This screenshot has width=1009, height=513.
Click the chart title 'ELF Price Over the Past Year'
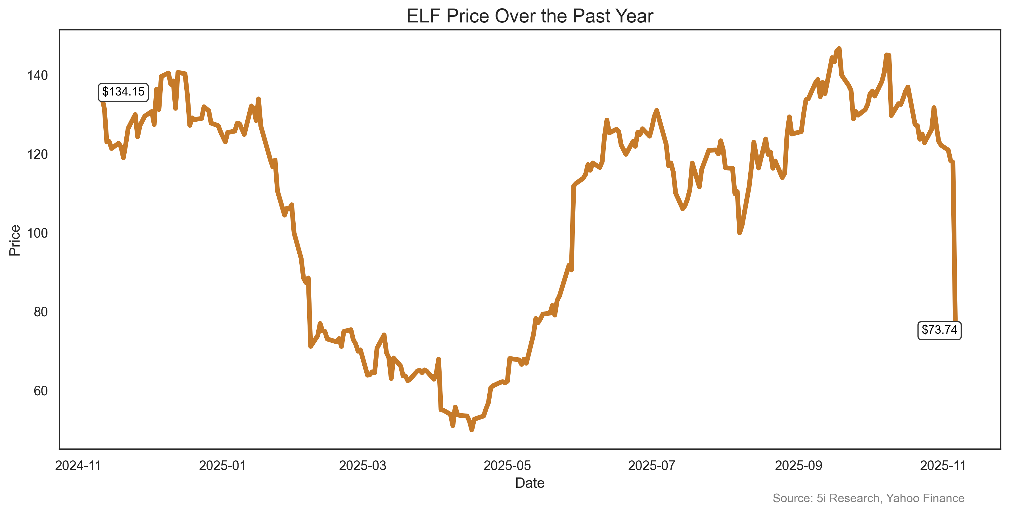coord(530,16)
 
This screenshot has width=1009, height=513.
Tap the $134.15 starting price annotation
coord(123,92)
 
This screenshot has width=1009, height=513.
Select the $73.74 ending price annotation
coord(939,330)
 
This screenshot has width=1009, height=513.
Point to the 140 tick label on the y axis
coord(37,75)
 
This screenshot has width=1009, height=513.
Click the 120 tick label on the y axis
coord(37,154)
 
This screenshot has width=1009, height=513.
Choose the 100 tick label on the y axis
coord(37,233)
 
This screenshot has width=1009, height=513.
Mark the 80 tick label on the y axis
coord(40,312)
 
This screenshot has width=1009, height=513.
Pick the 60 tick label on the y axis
coord(40,391)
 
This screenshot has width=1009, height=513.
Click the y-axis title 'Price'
coord(15,240)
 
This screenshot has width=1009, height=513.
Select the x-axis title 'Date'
coord(530,483)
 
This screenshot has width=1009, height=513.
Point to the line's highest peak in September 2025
coord(839,49)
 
